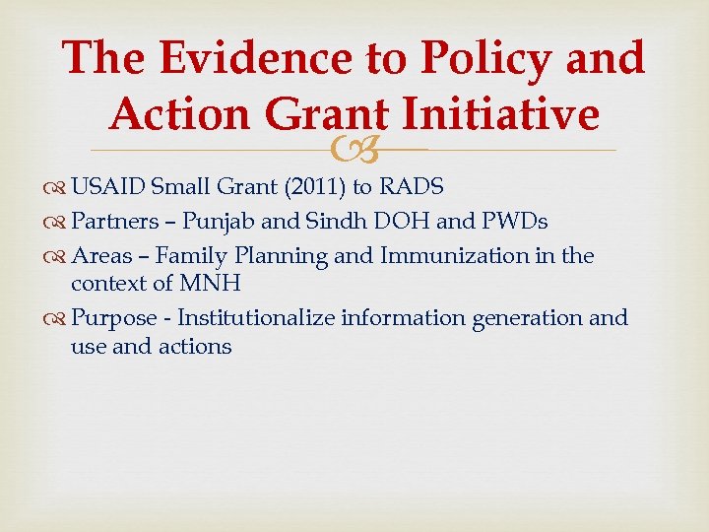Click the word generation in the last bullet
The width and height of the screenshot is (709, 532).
click(524, 318)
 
